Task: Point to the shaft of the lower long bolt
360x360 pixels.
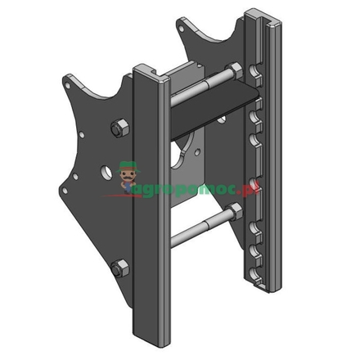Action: (x=196, y=225)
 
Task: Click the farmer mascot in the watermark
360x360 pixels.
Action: (x=127, y=174)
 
